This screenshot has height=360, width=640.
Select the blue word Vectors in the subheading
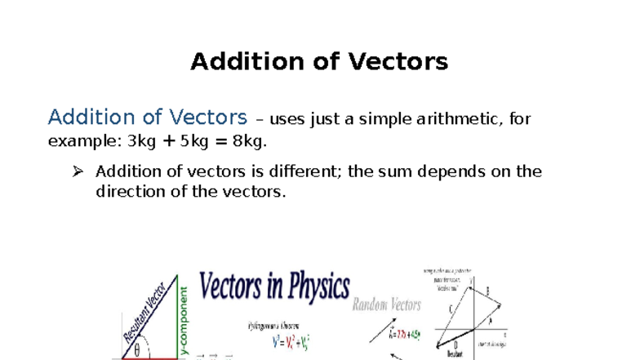click(205, 118)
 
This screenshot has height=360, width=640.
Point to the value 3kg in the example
click(141, 141)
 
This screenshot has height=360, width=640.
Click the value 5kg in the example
click(194, 141)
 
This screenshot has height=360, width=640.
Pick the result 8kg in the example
click(248, 141)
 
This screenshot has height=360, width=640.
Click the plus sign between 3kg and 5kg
click(168, 141)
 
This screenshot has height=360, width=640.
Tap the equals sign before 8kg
click(221, 141)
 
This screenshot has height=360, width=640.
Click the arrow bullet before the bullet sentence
click(78, 171)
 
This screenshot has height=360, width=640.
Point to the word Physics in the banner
click(311, 287)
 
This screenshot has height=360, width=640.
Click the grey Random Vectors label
click(386, 305)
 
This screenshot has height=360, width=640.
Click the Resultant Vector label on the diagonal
click(144, 312)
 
